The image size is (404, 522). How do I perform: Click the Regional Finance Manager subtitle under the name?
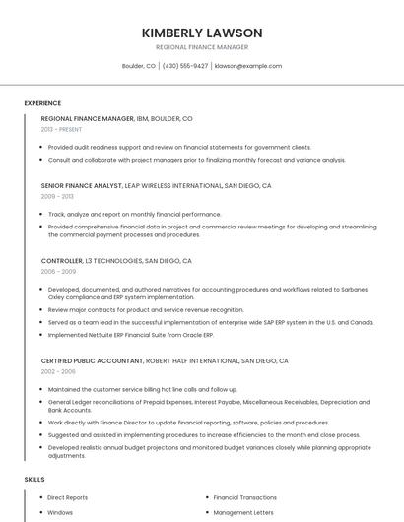[202, 47]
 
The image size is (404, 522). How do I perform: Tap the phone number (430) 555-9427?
[185, 66]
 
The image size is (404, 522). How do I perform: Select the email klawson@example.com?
[248, 66]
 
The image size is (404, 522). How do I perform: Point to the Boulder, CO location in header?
[138, 66]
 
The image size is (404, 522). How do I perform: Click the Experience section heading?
[42, 103]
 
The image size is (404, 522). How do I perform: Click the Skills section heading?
[34, 480]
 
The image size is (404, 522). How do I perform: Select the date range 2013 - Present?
[61, 130]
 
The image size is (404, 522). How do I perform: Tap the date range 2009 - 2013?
[57, 196]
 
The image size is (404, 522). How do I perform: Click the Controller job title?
[62, 261]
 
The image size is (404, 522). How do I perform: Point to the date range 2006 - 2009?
[58, 272]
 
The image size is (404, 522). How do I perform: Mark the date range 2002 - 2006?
[58, 372]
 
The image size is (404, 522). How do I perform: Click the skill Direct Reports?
[67, 498]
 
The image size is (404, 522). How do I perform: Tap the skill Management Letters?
[241, 512]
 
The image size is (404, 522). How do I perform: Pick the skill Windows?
[60, 512]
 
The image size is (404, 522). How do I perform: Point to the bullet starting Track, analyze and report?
[134, 214]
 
